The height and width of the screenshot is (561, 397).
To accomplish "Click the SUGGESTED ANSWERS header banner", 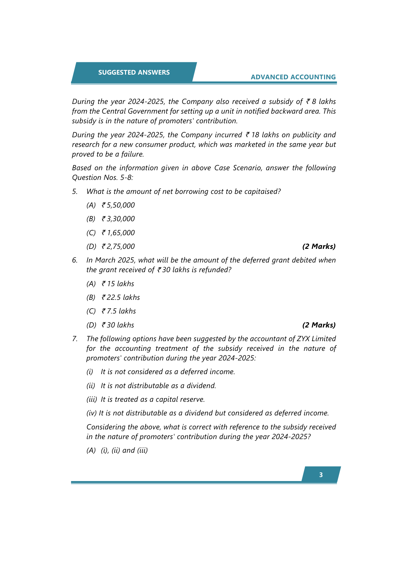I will click(x=134, y=72).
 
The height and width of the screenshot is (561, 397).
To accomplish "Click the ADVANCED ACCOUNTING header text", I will click(x=293, y=77).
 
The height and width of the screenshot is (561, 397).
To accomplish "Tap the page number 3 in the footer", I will click(x=321, y=475).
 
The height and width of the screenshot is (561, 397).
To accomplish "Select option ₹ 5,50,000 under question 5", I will click(x=118, y=205).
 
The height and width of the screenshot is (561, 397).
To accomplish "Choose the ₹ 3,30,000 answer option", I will click(x=118, y=219).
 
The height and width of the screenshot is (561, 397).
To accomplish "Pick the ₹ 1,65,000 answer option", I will click(x=118, y=233).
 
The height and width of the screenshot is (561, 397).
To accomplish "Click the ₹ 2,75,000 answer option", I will click(x=118, y=247).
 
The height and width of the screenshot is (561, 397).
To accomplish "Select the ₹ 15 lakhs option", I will click(x=118, y=284).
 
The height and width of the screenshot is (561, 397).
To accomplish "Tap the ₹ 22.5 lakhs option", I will click(x=121, y=297).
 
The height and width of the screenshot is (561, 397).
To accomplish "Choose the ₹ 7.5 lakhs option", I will click(x=119, y=311).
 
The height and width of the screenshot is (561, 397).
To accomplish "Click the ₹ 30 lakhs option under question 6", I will click(x=118, y=325).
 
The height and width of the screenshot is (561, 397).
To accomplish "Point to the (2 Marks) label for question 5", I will click(x=319, y=247).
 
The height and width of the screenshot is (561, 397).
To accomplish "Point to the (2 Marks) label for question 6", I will click(x=319, y=325).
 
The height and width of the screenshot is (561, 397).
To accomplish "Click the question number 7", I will click(x=75, y=339).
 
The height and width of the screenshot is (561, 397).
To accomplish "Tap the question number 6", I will click(x=75, y=260).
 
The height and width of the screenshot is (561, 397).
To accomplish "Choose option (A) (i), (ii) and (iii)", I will click(x=117, y=450).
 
